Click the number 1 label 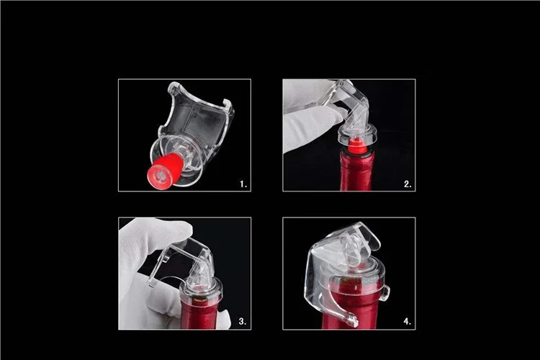coord(243,184)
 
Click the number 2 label coord(408,184)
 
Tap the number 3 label coord(243,321)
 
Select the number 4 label coord(408,321)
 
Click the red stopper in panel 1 coord(166,171)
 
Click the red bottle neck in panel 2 coord(356,172)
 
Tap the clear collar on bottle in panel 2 coord(357,135)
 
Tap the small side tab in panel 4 coord(386,293)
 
